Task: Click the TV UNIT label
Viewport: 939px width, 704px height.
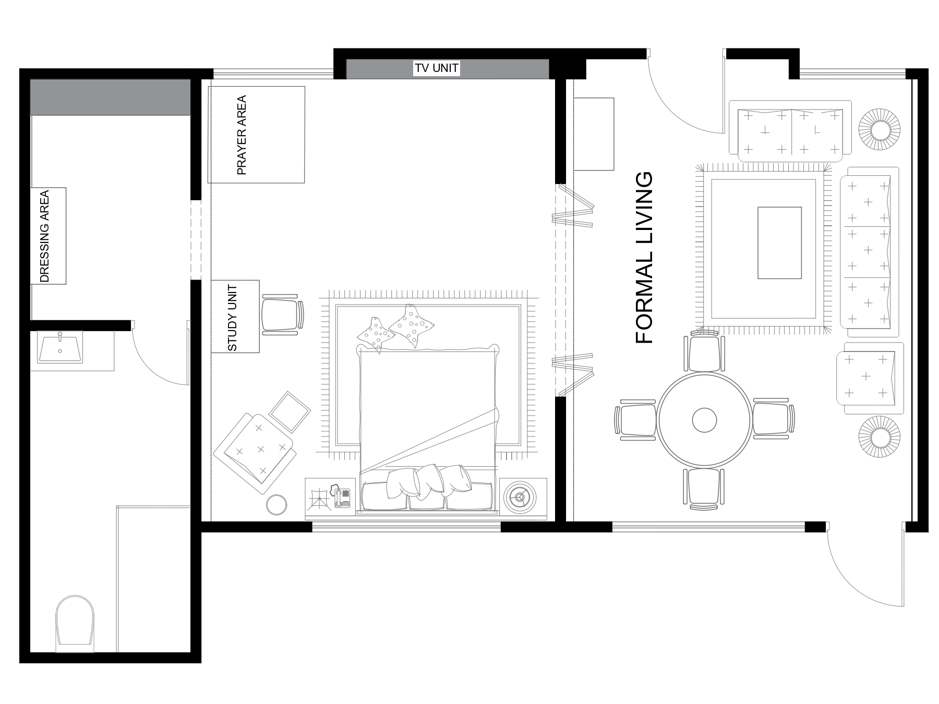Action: click(x=437, y=68)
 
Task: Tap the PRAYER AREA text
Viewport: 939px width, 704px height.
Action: click(x=241, y=135)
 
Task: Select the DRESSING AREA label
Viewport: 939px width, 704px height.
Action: click(x=45, y=236)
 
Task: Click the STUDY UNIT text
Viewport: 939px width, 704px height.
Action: click(x=233, y=317)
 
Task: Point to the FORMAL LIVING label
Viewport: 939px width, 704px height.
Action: click(x=645, y=258)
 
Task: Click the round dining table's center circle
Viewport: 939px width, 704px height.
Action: click(x=704, y=420)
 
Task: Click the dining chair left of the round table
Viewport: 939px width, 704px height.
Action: click(x=635, y=420)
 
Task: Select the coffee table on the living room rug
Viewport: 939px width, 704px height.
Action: click(x=779, y=242)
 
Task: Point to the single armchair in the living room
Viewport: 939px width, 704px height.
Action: click(x=869, y=378)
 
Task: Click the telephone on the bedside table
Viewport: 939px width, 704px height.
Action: click(x=341, y=497)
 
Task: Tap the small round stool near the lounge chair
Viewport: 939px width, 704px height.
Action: click(x=276, y=505)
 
